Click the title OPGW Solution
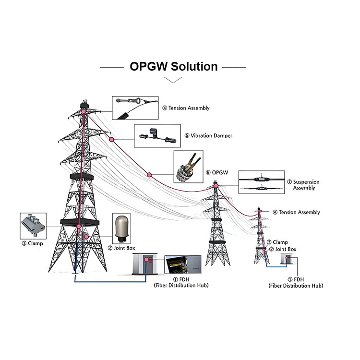(x=174, y=66)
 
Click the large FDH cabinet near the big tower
(x=145, y=265)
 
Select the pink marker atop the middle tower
(x=216, y=185)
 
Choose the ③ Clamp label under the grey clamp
(x=32, y=243)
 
